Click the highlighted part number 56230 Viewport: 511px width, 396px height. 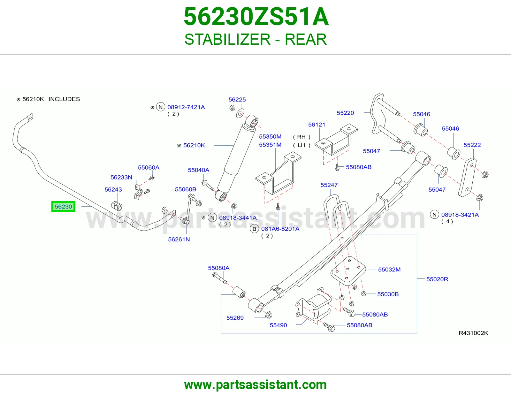point(63,207)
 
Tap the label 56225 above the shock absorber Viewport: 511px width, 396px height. point(237,99)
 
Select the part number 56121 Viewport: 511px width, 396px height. point(317,125)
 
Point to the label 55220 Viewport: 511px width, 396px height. point(345,113)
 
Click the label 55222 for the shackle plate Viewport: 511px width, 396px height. point(472,145)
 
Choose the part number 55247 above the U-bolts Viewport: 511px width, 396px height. point(329,185)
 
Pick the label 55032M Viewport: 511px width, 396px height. point(389,270)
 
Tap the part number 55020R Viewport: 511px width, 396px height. point(437,279)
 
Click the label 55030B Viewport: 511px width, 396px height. point(388,294)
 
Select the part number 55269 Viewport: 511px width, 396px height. point(235,318)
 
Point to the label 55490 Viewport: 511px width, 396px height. point(278,325)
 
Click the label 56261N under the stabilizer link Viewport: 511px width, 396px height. point(179,240)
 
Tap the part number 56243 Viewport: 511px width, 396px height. point(113,189)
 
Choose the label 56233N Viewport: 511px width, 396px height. point(121,177)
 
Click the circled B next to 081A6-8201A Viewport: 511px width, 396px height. point(254,229)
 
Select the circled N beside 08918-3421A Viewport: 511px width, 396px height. point(434,215)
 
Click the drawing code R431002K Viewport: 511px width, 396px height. point(473,333)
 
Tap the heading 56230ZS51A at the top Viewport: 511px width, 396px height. point(256,17)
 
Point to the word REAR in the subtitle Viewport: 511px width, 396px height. point(306,39)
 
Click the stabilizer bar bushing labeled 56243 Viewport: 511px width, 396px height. point(117,206)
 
